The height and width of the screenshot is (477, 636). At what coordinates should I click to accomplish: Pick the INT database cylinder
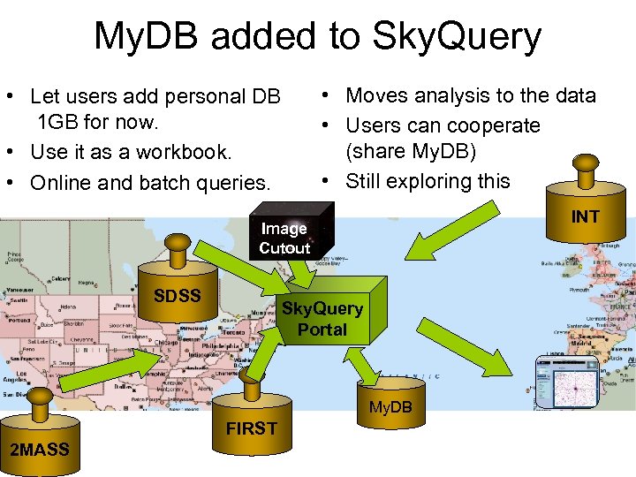click(584, 211)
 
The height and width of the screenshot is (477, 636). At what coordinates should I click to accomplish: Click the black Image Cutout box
click(284, 237)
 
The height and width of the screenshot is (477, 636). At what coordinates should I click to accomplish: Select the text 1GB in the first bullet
click(57, 123)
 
